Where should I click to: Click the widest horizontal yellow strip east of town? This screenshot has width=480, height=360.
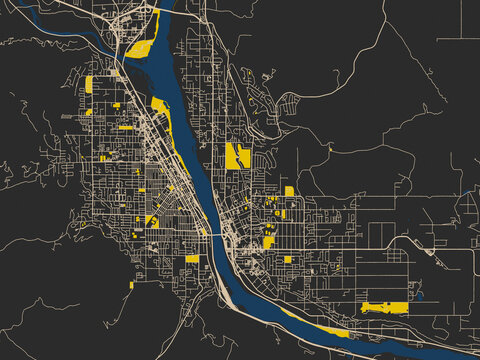[385, 307]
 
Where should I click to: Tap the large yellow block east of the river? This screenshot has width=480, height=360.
[236, 156]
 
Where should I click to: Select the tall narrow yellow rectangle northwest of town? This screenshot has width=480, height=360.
[89, 85]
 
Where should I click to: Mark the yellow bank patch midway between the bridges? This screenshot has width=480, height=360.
[160, 107]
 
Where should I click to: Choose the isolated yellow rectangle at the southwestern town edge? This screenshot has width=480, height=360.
[131, 285]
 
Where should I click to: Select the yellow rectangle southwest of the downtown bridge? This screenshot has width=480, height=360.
[192, 259]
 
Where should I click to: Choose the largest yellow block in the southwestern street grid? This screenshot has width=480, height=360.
[151, 220]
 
